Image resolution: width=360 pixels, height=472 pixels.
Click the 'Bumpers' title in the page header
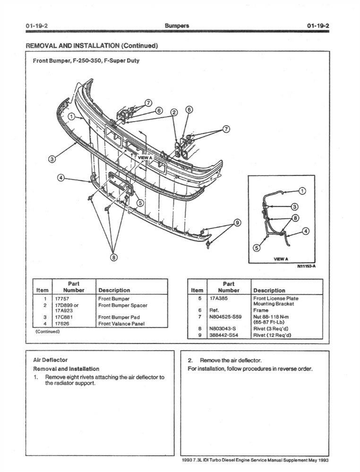pyautogui.click(x=177, y=25)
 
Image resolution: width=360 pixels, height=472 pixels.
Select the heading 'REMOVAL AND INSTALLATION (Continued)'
pyautogui.click(x=91, y=45)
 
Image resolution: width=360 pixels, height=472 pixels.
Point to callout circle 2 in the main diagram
pyautogui.click(x=174, y=112)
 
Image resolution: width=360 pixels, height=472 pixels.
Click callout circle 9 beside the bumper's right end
pyautogui.click(x=237, y=222)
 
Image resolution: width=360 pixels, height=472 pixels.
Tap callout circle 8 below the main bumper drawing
pyautogui.click(x=114, y=257)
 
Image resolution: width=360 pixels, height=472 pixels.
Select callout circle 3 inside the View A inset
pyautogui.click(x=294, y=206)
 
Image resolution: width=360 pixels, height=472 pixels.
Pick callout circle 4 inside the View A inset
pyautogui.click(x=306, y=231)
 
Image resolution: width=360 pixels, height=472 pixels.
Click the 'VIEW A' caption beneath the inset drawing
pyautogui.click(x=281, y=259)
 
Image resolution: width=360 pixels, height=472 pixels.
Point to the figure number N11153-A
pyautogui.click(x=306, y=266)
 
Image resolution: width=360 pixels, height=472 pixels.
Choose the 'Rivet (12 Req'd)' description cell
pyautogui.click(x=272, y=335)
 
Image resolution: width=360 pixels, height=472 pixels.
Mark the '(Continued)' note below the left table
pyautogui.click(x=47, y=331)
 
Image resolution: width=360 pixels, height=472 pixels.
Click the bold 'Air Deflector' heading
pyautogui.click(x=50, y=360)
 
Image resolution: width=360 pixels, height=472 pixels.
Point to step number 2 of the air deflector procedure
pyautogui.click(x=190, y=360)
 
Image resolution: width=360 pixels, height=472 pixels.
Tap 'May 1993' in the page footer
pyautogui.click(x=318, y=460)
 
